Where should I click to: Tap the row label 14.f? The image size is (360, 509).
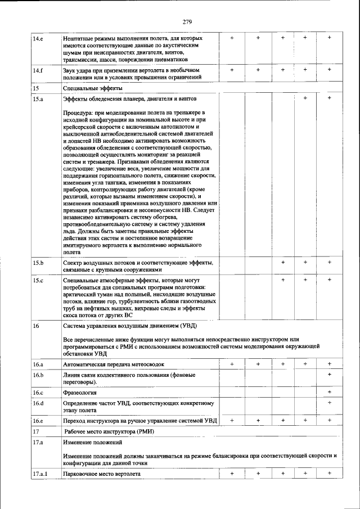click(x=37, y=70)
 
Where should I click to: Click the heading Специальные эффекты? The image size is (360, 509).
click(x=92, y=88)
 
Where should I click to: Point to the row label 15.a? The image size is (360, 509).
click(x=38, y=99)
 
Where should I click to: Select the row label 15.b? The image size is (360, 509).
click(x=38, y=263)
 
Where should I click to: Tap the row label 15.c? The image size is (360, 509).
click(x=38, y=280)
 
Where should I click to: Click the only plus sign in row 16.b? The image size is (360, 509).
click(x=330, y=375)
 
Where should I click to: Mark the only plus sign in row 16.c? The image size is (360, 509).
click(x=330, y=391)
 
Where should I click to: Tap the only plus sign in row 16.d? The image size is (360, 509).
click(x=330, y=402)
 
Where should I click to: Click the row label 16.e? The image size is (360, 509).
click(x=38, y=420)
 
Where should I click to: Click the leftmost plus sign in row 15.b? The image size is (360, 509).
click(x=283, y=262)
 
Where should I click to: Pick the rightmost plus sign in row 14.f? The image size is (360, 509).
click(x=330, y=70)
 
